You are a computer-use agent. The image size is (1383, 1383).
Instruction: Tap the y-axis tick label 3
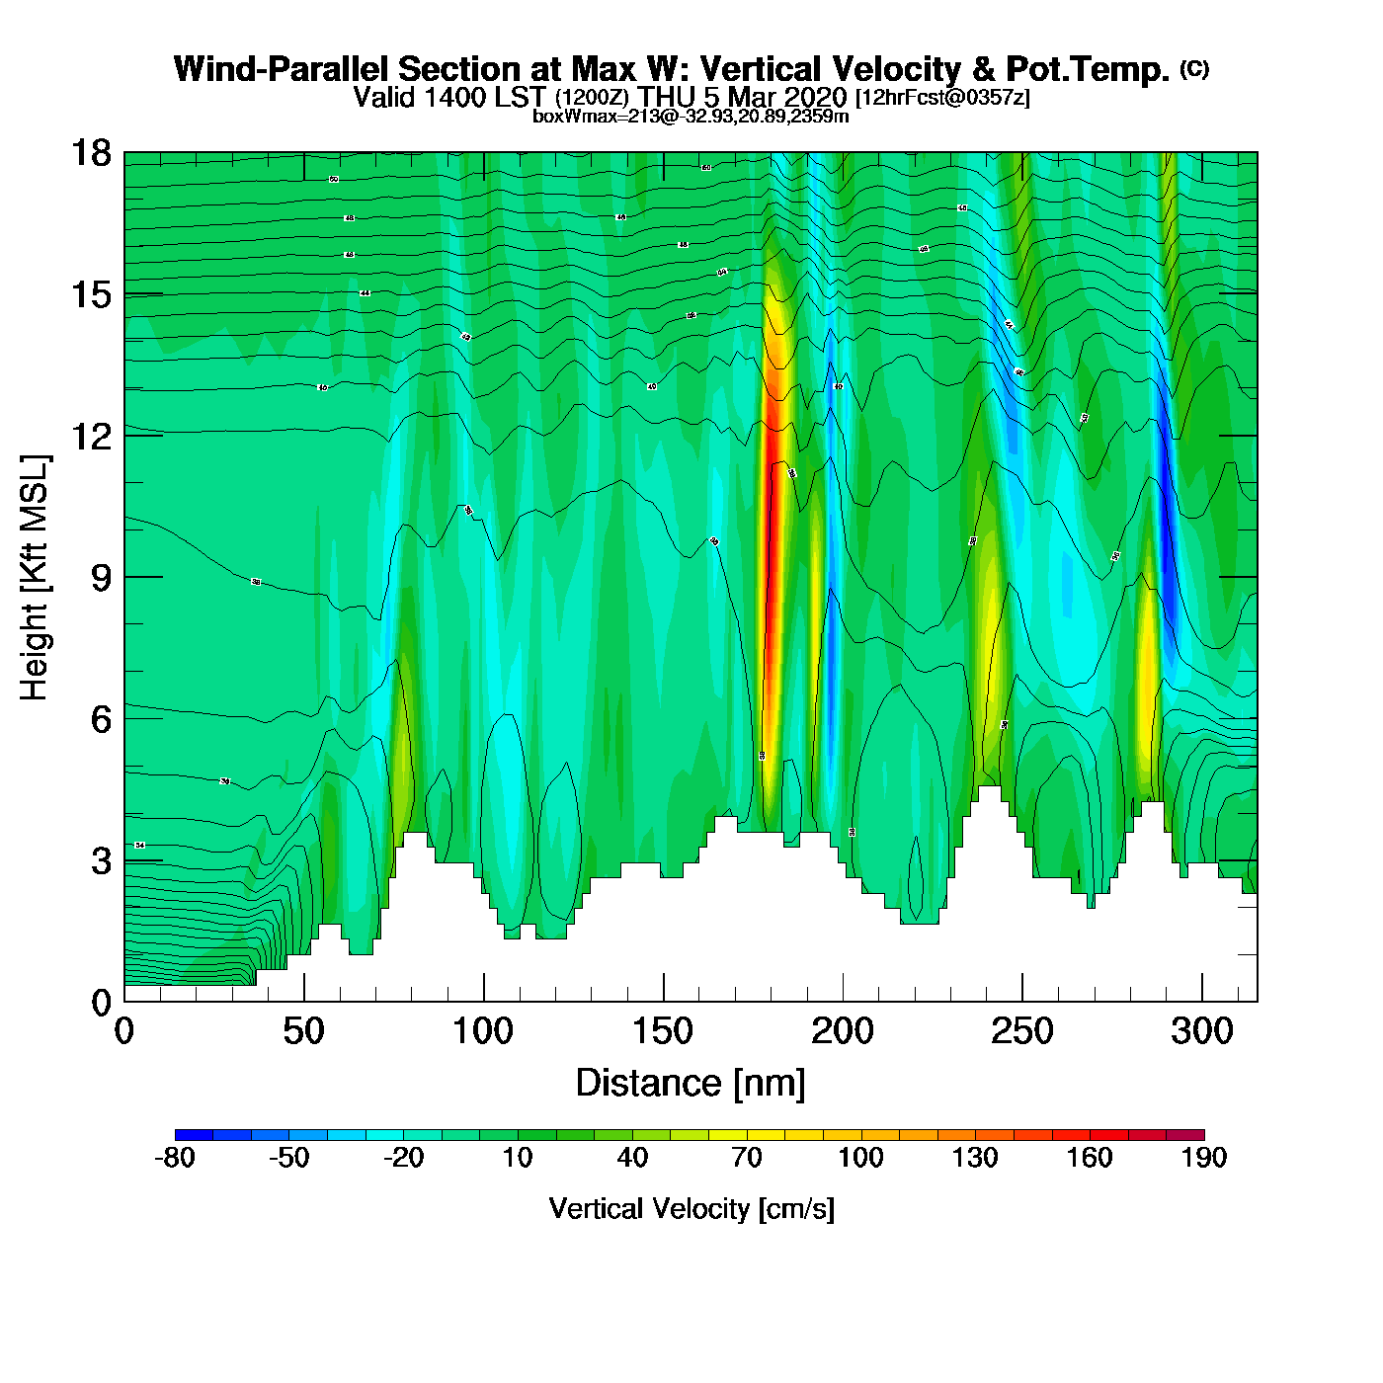point(101,861)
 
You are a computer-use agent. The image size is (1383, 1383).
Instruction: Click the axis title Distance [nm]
point(691,1084)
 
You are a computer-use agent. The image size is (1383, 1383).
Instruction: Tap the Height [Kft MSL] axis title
point(35,578)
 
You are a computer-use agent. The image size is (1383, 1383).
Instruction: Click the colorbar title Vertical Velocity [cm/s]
point(691,1208)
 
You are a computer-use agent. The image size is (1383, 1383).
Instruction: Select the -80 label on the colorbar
point(175,1158)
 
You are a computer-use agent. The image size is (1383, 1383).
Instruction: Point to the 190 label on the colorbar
point(1204,1158)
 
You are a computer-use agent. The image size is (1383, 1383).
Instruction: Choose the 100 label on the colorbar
point(860,1158)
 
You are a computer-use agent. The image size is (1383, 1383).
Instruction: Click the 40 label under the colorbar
point(632,1158)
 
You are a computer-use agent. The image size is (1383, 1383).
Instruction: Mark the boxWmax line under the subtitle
point(691,116)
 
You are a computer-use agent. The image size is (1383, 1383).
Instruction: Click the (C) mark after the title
point(1194,68)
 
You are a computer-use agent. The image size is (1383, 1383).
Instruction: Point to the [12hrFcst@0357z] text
point(942,98)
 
